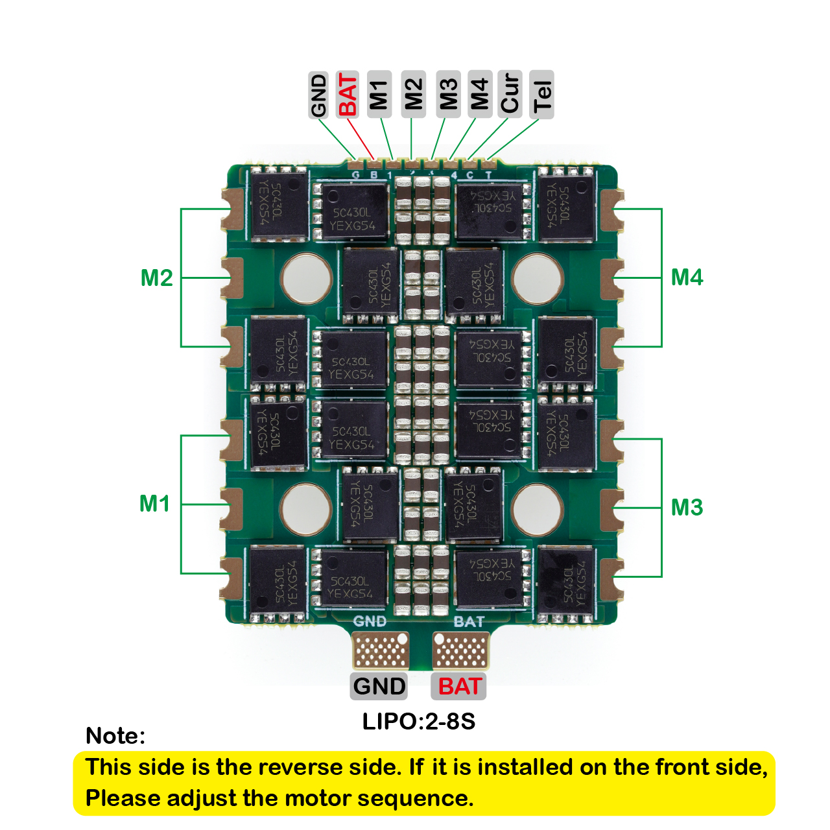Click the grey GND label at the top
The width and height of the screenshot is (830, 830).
coord(318,95)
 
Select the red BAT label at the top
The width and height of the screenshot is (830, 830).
coord(348,95)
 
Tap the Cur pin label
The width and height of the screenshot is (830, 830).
coord(510,94)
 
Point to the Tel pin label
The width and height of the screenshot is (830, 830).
coord(541,95)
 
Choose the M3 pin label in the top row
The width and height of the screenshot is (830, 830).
coord(448,95)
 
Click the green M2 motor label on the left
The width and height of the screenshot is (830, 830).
coord(156,278)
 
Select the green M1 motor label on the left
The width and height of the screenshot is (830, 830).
coord(155,503)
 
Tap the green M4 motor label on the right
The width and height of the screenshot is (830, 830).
coord(687,277)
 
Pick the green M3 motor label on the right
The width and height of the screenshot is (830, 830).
coord(687,507)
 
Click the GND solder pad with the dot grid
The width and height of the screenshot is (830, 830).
coord(381,650)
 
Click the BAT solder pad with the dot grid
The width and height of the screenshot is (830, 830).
coord(460,650)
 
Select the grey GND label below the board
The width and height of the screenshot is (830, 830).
coord(379,686)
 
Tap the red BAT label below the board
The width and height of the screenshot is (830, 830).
coord(459,686)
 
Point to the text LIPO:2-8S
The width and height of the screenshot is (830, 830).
coord(419,721)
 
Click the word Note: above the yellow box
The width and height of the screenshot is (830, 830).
coord(115,736)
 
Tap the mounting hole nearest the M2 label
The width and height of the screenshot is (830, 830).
coord(306,279)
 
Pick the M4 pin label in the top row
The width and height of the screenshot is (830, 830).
coord(479,95)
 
